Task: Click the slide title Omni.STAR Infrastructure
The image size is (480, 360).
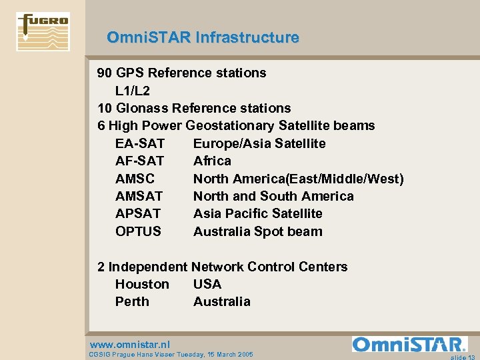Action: pyautogui.click(x=203, y=38)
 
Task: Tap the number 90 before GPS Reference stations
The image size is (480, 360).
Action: pyautogui.click(x=105, y=73)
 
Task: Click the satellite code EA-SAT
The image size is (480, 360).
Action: pyautogui.click(x=140, y=143)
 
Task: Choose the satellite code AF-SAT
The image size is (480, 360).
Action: pyautogui.click(x=139, y=161)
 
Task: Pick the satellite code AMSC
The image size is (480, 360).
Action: pyautogui.click(x=135, y=179)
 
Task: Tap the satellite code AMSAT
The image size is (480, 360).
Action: pyautogui.click(x=139, y=196)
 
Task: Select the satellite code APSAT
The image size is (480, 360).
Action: pyautogui.click(x=138, y=213)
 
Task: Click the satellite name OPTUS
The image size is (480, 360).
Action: pyautogui.click(x=138, y=231)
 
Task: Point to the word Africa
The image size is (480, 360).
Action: pyautogui.click(x=212, y=161)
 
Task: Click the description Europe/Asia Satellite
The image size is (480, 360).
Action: pyautogui.click(x=259, y=143)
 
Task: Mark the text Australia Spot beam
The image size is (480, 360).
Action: pyautogui.click(x=257, y=231)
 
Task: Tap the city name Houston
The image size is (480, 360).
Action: pyautogui.click(x=142, y=284)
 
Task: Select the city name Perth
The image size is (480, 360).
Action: pyautogui.click(x=132, y=301)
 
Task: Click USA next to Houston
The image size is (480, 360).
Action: pyautogui.click(x=207, y=284)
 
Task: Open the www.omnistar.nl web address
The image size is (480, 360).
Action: pyautogui.click(x=129, y=345)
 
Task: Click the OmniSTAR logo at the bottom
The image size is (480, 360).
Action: pyautogui.click(x=409, y=345)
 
